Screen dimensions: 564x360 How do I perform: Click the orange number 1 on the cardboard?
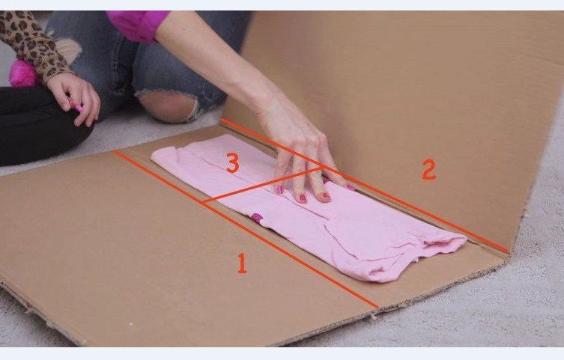[x=242, y=263]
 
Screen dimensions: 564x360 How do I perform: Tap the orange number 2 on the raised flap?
[x=428, y=170]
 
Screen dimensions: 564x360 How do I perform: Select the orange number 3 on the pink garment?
[x=233, y=162]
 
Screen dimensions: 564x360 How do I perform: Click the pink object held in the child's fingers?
[x=76, y=106]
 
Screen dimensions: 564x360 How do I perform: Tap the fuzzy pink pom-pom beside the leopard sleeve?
[x=22, y=73]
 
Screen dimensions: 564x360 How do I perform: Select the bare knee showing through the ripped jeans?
[x=167, y=106]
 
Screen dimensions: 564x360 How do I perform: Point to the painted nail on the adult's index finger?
[x=280, y=189]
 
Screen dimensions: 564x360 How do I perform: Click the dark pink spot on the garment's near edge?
[x=256, y=217]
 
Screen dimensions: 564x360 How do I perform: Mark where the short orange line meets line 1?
[x=203, y=204]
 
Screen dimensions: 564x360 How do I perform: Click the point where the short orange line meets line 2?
[x=322, y=167]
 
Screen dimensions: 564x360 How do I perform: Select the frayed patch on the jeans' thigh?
[x=68, y=50]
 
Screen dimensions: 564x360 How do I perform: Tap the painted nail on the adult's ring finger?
[x=326, y=197]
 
